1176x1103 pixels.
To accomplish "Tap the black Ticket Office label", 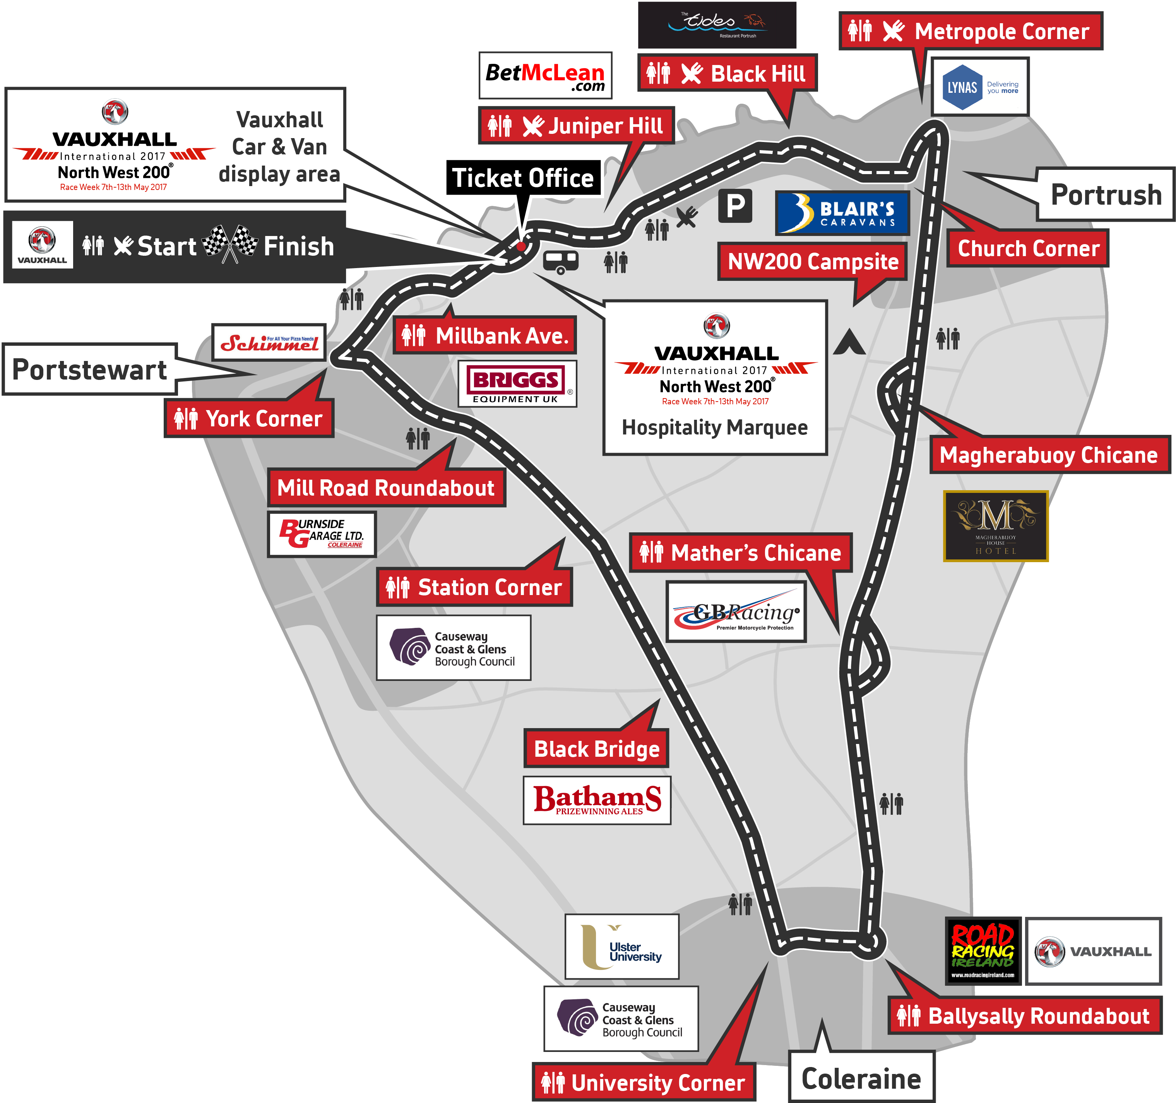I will [523, 178].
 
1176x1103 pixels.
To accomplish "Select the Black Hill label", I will [727, 74].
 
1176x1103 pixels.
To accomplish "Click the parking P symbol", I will [735, 206].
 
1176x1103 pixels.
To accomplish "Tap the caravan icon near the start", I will [560, 262].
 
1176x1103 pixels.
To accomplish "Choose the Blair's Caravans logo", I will [842, 213].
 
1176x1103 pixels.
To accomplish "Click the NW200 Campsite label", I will [812, 262].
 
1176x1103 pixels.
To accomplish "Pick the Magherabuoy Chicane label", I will [1049, 455].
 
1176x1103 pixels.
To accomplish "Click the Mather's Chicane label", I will [741, 552].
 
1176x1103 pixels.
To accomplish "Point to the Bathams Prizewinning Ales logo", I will [597, 800].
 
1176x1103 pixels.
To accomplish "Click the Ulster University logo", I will [622, 946].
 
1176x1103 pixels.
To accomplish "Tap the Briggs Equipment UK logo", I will [517, 384].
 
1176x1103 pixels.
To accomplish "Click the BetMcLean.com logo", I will [545, 76].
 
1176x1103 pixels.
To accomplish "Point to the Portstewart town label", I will [90, 369].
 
